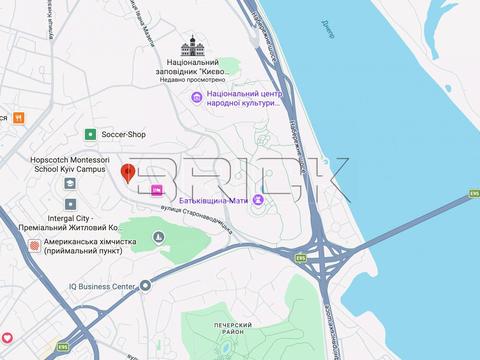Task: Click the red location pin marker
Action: point(128,172)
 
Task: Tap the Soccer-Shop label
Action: point(126,133)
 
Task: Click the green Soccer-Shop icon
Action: point(90,133)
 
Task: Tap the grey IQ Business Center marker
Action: point(144,286)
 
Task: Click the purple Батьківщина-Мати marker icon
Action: point(259,204)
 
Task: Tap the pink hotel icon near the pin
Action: point(156,190)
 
